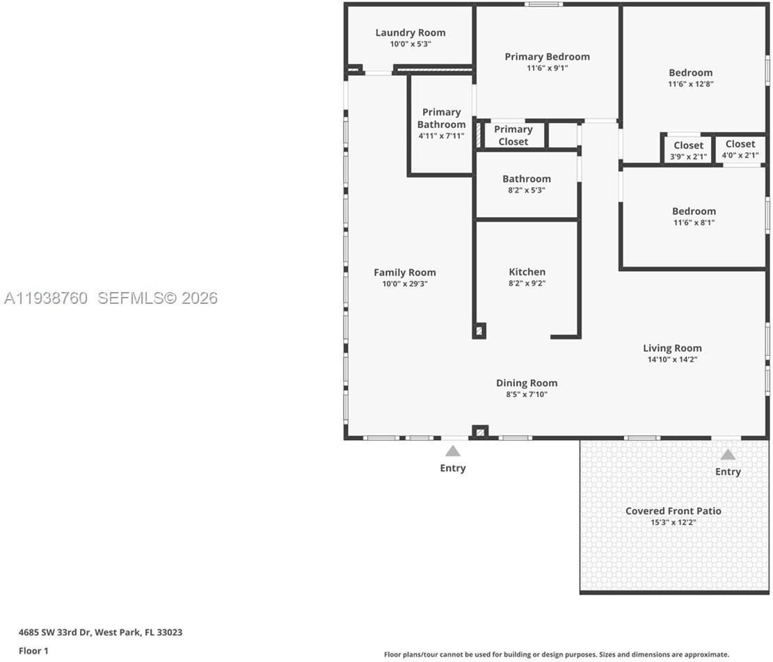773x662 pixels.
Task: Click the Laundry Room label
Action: coord(410,33)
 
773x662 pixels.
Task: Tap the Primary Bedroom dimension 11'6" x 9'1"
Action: coord(547,68)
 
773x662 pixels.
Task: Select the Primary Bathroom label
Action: coord(441,118)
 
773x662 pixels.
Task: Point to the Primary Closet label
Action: coord(513,136)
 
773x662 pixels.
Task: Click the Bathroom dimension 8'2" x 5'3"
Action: coord(526,190)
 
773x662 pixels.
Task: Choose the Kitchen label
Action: coord(527,272)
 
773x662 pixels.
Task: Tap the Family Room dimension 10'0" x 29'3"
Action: coord(404,284)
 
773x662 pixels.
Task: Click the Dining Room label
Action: coord(526,383)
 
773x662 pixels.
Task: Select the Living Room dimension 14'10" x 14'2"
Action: coord(671,360)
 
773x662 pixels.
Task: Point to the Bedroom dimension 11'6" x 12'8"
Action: coord(690,83)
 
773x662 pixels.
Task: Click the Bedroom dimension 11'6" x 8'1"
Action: coord(693,223)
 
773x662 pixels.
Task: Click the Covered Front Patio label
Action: coord(673,511)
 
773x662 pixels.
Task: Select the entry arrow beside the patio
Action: coord(728,455)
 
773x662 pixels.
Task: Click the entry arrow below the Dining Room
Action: coord(453,451)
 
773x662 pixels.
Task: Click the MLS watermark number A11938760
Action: coord(46,298)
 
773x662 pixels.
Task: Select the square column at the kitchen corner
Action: coord(479,330)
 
